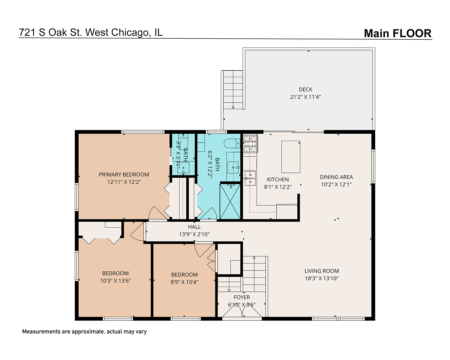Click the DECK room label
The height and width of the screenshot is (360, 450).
coord(305,89)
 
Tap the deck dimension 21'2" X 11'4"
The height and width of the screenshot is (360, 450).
coord(305,97)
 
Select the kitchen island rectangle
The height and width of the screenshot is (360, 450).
coord(291,156)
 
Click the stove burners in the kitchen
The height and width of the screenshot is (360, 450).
coord(250,144)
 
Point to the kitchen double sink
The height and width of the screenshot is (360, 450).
coord(250,178)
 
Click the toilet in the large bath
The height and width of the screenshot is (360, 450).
coord(232,143)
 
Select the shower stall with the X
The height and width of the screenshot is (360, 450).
coord(230,201)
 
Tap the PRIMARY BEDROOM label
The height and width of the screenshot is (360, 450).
coord(124,175)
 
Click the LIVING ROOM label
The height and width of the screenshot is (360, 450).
coord(322,271)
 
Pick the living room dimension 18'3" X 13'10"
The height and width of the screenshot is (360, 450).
coord(322,278)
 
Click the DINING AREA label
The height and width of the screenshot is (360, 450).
coord(336,177)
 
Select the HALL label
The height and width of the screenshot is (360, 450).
coord(194,227)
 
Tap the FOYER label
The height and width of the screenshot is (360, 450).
coord(242,297)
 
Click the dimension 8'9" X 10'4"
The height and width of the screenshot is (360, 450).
coord(184,282)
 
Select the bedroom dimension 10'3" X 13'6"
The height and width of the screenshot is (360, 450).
coord(115,281)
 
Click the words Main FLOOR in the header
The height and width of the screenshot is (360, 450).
coord(398,33)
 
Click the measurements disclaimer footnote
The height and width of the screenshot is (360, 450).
coord(84,332)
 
